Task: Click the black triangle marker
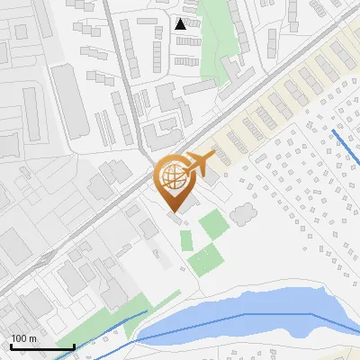[181, 23]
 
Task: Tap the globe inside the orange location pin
[171, 175]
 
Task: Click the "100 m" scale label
[23, 338]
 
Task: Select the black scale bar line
[41, 346]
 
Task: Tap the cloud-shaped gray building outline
[242, 214]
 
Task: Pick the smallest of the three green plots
[186, 240]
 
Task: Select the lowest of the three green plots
[205, 261]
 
